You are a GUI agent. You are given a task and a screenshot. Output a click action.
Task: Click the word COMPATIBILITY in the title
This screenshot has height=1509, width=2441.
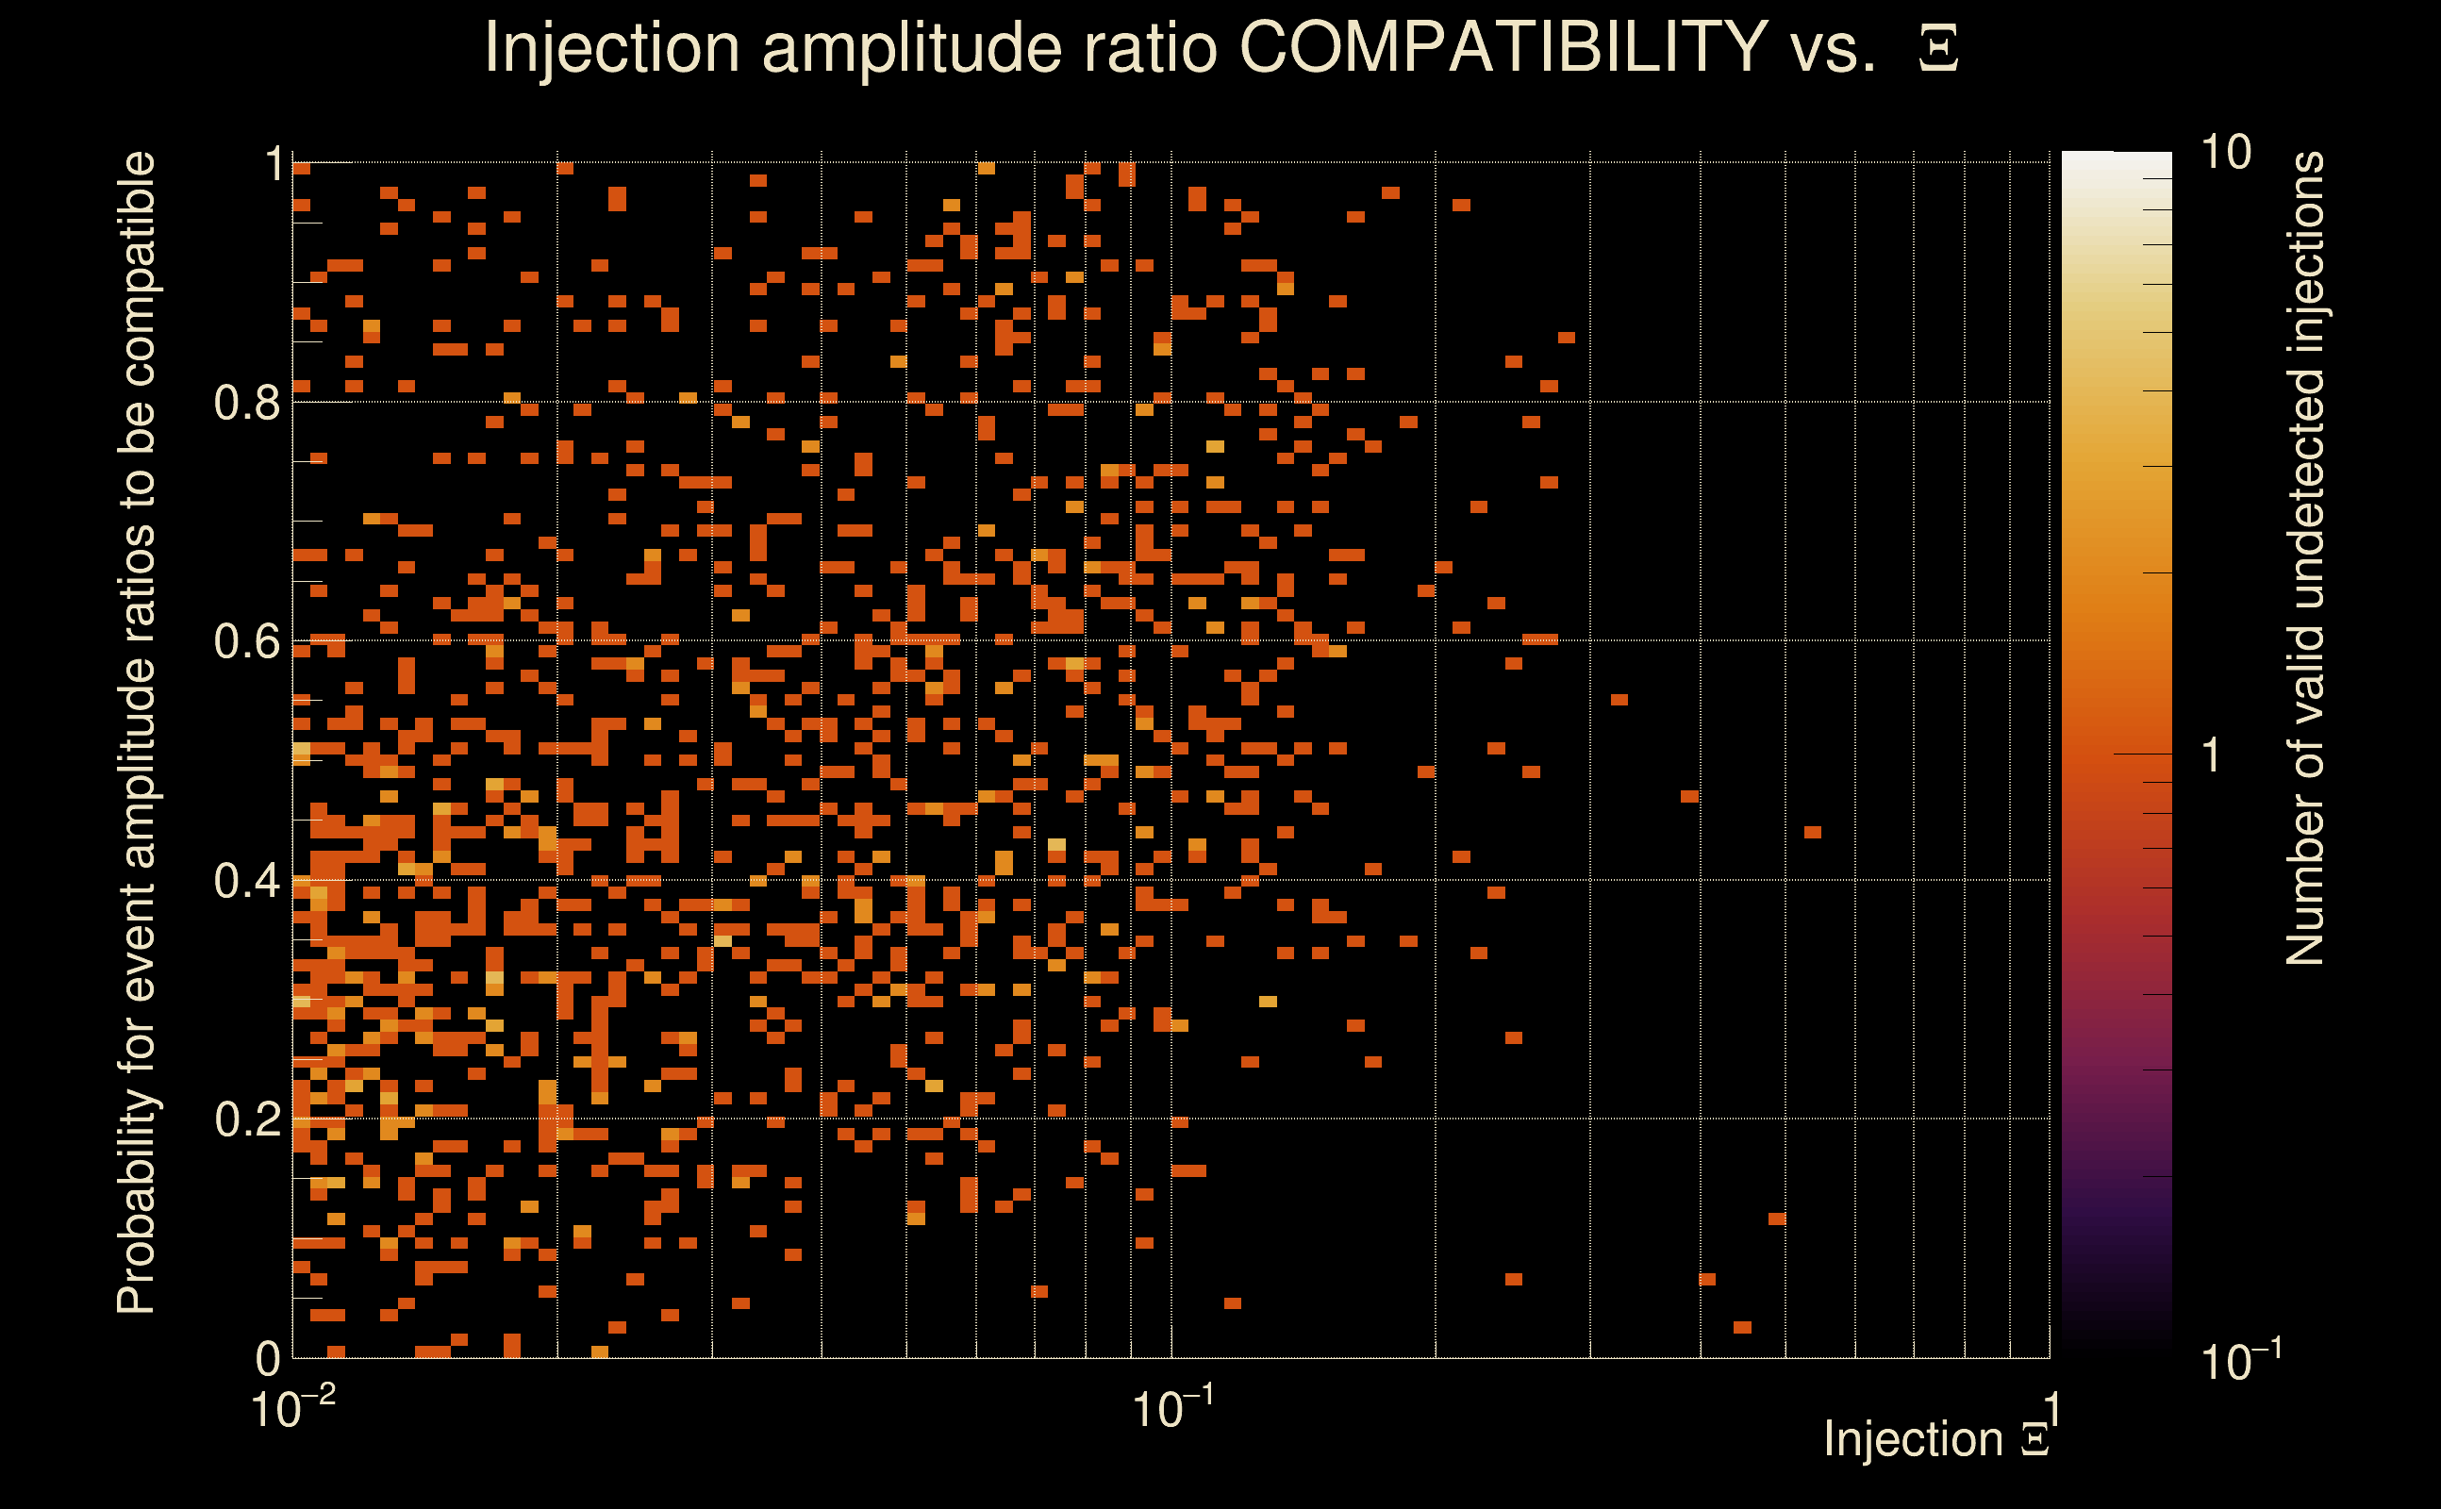point(1503,47)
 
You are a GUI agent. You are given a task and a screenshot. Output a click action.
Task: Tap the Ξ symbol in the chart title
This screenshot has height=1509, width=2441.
point(1938,49)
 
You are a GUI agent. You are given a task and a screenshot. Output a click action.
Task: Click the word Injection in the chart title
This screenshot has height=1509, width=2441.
point(611,49)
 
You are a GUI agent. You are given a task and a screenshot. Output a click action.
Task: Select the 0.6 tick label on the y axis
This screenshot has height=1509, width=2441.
point(246,640)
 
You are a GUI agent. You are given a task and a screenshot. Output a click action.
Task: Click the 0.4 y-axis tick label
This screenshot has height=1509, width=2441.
point(246,880)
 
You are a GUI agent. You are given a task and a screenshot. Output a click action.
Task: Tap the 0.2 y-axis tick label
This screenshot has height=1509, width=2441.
point(246,1119)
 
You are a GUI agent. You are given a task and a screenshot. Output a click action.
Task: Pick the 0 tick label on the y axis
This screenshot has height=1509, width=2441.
point(268,1357)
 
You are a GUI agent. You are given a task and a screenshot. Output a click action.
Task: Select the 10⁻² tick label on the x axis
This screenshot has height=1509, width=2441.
point(292,1409)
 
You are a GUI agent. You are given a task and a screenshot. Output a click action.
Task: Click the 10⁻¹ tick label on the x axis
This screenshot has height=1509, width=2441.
point(1172,1409)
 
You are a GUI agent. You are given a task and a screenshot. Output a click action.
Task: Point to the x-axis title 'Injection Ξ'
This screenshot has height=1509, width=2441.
point(1935,1439)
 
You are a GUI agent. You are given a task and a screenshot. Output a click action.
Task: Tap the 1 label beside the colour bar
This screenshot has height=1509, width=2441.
point(2212,755)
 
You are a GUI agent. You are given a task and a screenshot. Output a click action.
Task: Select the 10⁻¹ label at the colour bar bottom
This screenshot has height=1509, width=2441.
point(2239,1360)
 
